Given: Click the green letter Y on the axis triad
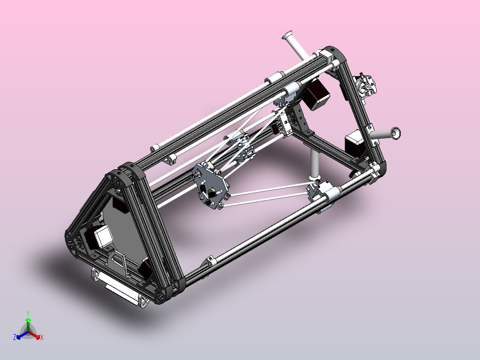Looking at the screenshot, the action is coord(28,313).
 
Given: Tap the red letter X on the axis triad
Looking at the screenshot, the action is coord(42,337).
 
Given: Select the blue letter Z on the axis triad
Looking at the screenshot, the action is coord(15,337).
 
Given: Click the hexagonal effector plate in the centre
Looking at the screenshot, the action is coord(211,185).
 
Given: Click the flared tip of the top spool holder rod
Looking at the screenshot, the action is coord(287,35).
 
